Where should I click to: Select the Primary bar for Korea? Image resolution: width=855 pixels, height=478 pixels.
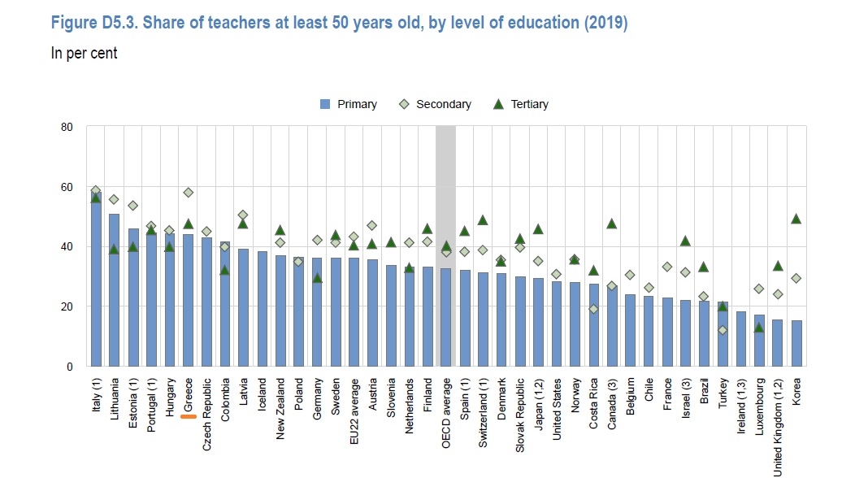click(x=796, y=343)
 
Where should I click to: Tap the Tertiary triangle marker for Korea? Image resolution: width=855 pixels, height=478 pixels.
click(x=796, y=219)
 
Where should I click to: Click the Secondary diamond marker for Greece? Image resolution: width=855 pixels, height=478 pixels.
click(x=188, y=193)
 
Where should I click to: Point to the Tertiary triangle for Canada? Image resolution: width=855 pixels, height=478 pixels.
click(x=612, y=224)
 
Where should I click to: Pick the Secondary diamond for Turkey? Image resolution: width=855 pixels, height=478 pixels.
click(x=723, y=331)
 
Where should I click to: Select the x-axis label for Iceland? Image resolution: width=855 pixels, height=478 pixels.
click(x=262, y=393)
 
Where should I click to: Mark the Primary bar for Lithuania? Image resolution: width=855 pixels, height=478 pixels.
click(x=115, y=290)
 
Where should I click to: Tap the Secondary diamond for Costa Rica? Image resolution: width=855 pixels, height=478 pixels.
click(x=593, y=309)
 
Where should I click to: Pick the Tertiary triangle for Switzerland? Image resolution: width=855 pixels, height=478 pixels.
click(x=483, y=220)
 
